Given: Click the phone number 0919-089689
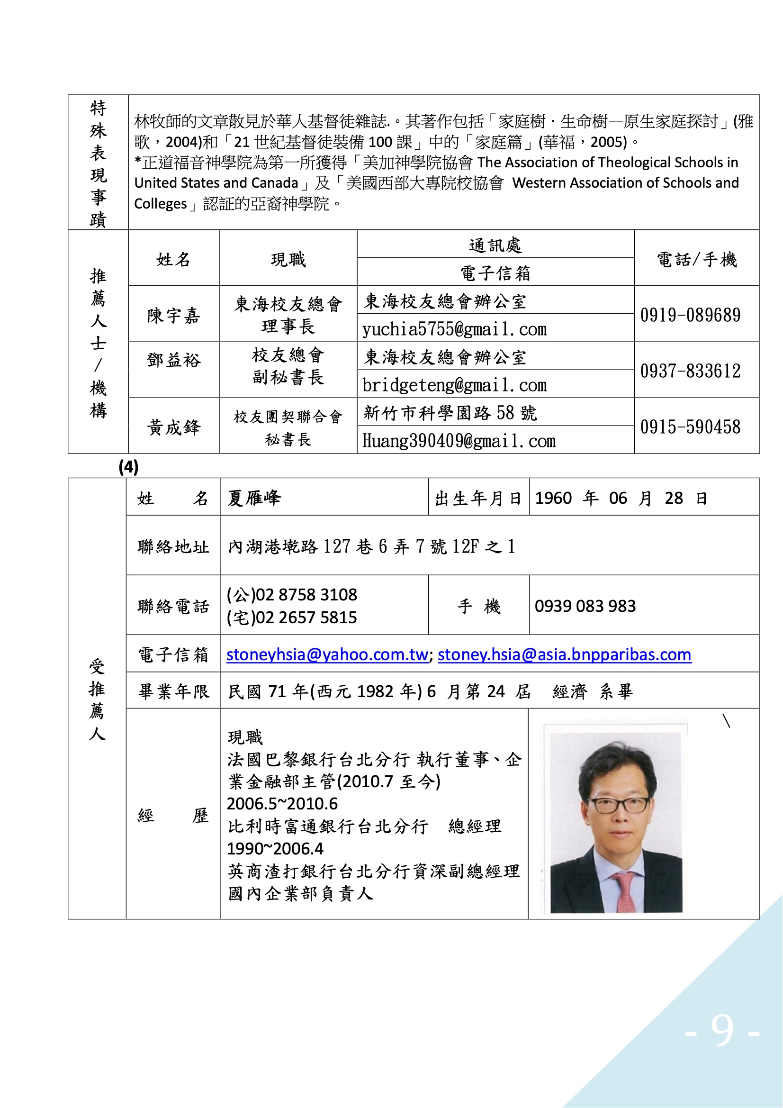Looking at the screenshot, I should pyautogui.click(x=690, y=315).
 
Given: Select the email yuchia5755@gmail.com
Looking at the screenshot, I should pyautogui.click(x=454, y=329).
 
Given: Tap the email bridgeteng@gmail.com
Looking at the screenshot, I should pyautogui.click(x=454, y=385).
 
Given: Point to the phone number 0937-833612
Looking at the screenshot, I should pyautogui.click(x=690, y=371).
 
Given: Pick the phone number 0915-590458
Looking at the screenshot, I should pyautogui.click(x=690, y=427).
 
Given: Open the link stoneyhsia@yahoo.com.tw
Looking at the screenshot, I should pyautogui.click(x=327, y=654).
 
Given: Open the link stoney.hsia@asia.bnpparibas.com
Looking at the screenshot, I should pyautogui.click(x=565, y=654).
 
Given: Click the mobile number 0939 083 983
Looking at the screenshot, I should pyautogui.click(x=585, y=606).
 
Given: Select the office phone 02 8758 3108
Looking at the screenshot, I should pyautogui.click(x=306, y=595).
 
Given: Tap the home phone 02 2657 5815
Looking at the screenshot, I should pyautogui.click(x=306, y=618).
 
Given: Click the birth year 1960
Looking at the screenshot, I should pyautogui.click(x=553, y=498).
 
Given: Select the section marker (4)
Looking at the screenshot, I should pyautogui.click(x=128, y=467).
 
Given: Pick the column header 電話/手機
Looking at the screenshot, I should pyautogui.click(x=697, y=260).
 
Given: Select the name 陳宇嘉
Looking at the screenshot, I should pyautogui.click(x=173, y=316).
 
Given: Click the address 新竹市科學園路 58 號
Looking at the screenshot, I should pyautogui.click(x=450, y=413).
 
